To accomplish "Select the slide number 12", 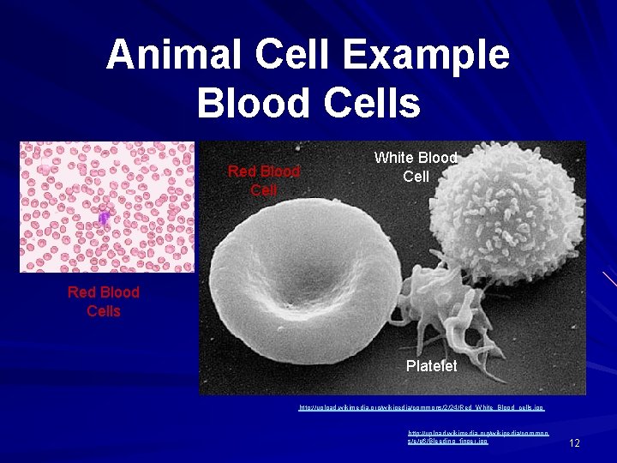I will pyautogui.click(x=574, y=442).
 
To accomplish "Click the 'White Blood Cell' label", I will pyautogui.click(x=416, y=167).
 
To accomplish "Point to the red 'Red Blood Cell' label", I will pyautogui.click(x=263, y=180).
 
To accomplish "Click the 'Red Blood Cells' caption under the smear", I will pyautogui.click(x=103, y=302).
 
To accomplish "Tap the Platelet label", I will pyautogui.click(x=431, y=366).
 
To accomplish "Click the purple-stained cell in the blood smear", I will pyautogui.click(x=103, y=219).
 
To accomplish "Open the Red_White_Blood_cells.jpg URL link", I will pyautogui.click(x=421, y=408).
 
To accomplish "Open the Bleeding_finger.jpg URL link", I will pyautogui.click(x=448, y=437).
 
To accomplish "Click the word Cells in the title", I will pyautogui.click(x=373, y=104).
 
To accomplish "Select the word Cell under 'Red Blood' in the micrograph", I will pyautogui.click(x=263, y=189).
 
